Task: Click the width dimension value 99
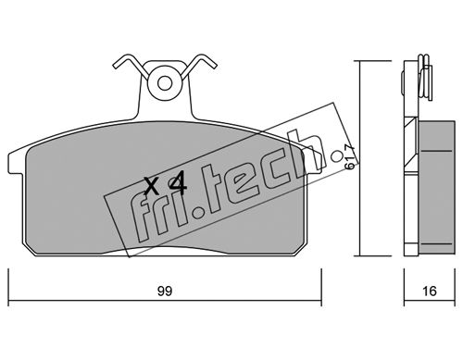coord(165,292)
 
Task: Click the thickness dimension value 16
coord(429,292)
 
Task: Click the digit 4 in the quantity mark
coord(178,184)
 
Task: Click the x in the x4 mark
coord(153,186)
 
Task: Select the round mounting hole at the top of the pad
coord(164,83)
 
